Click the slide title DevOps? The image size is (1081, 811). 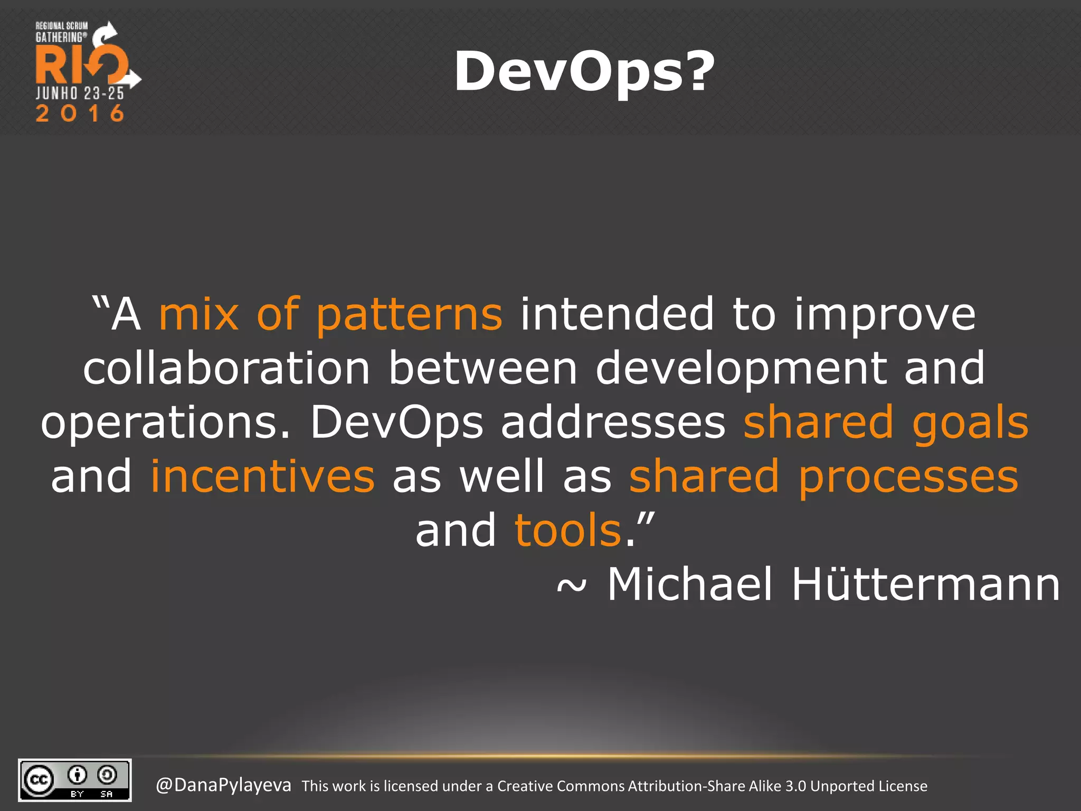coord(584,72)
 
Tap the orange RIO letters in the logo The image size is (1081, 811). coord(79,64)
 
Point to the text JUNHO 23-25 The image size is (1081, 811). coord(80,93)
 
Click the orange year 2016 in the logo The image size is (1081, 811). coord(80,114)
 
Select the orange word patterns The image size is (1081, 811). coord(409,316)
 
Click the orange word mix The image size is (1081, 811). coord(199,315)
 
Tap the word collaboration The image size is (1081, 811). coord(227,368)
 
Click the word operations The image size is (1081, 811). coord(165,423)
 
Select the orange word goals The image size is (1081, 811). coord(970,424)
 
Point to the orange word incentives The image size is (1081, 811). coord(263,476)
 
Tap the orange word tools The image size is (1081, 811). coord(568,530)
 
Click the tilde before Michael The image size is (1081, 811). coord(572,586)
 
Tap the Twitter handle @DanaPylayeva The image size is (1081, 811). coord(223,785)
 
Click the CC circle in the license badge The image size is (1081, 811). coord(39,780)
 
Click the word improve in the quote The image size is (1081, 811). coord(885,316)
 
